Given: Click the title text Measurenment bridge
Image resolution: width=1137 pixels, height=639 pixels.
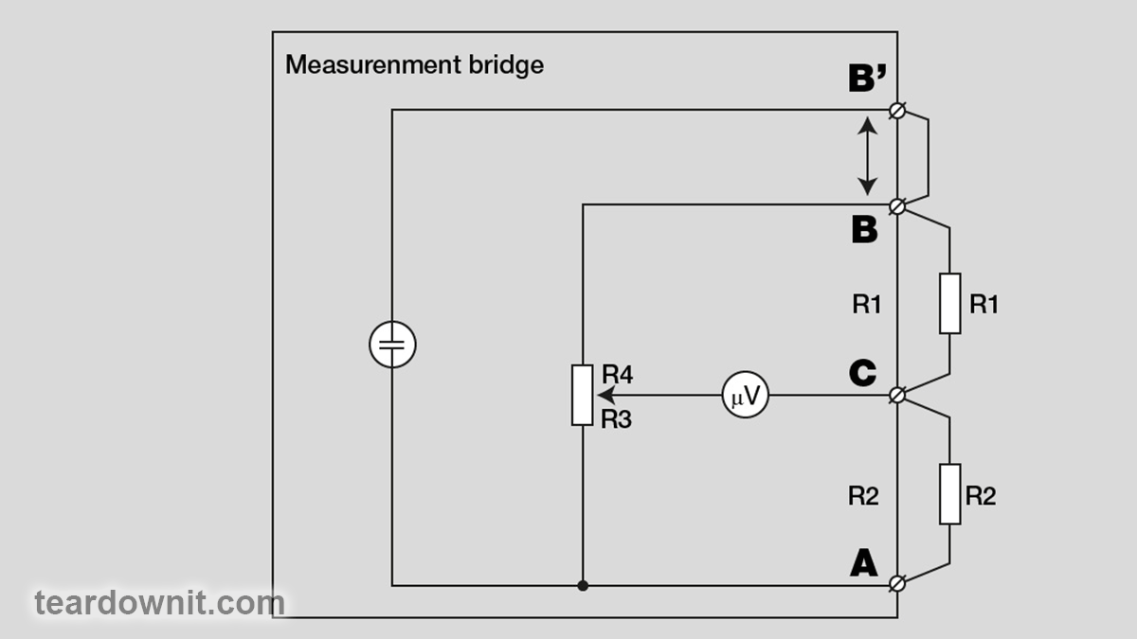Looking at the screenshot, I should coord(414,65).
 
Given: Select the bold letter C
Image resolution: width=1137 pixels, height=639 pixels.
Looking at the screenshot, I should coord(862,373).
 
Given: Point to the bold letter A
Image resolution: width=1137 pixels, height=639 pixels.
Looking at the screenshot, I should coord(863,564).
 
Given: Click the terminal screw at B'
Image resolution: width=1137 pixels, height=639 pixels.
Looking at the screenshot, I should coord(897,111).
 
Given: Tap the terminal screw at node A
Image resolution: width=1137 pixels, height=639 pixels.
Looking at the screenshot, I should coord(897,585).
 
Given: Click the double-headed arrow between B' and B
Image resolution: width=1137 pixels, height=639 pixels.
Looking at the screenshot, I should coord(867,156).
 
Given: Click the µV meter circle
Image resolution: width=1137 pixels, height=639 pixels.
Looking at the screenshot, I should coord(745,395).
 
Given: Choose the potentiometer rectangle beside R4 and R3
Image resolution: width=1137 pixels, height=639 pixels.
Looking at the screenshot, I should coord(582,394).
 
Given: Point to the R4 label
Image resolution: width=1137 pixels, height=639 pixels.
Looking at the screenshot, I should coord(617,374).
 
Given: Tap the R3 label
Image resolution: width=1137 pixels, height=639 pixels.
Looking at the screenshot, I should coord(616,418).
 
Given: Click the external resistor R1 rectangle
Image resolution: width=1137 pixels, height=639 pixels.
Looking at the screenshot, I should coord(949,303).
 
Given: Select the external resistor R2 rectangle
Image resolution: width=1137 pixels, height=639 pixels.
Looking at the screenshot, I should coord(949,493).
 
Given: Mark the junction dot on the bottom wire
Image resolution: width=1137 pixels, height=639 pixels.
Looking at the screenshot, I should coord(583,586).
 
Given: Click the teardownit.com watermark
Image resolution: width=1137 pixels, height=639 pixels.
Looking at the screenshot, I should coord(159,602).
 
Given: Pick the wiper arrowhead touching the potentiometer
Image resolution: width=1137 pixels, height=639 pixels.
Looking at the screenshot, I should coord(602,395).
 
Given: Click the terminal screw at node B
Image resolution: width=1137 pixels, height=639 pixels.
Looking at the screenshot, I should coord(897,204).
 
